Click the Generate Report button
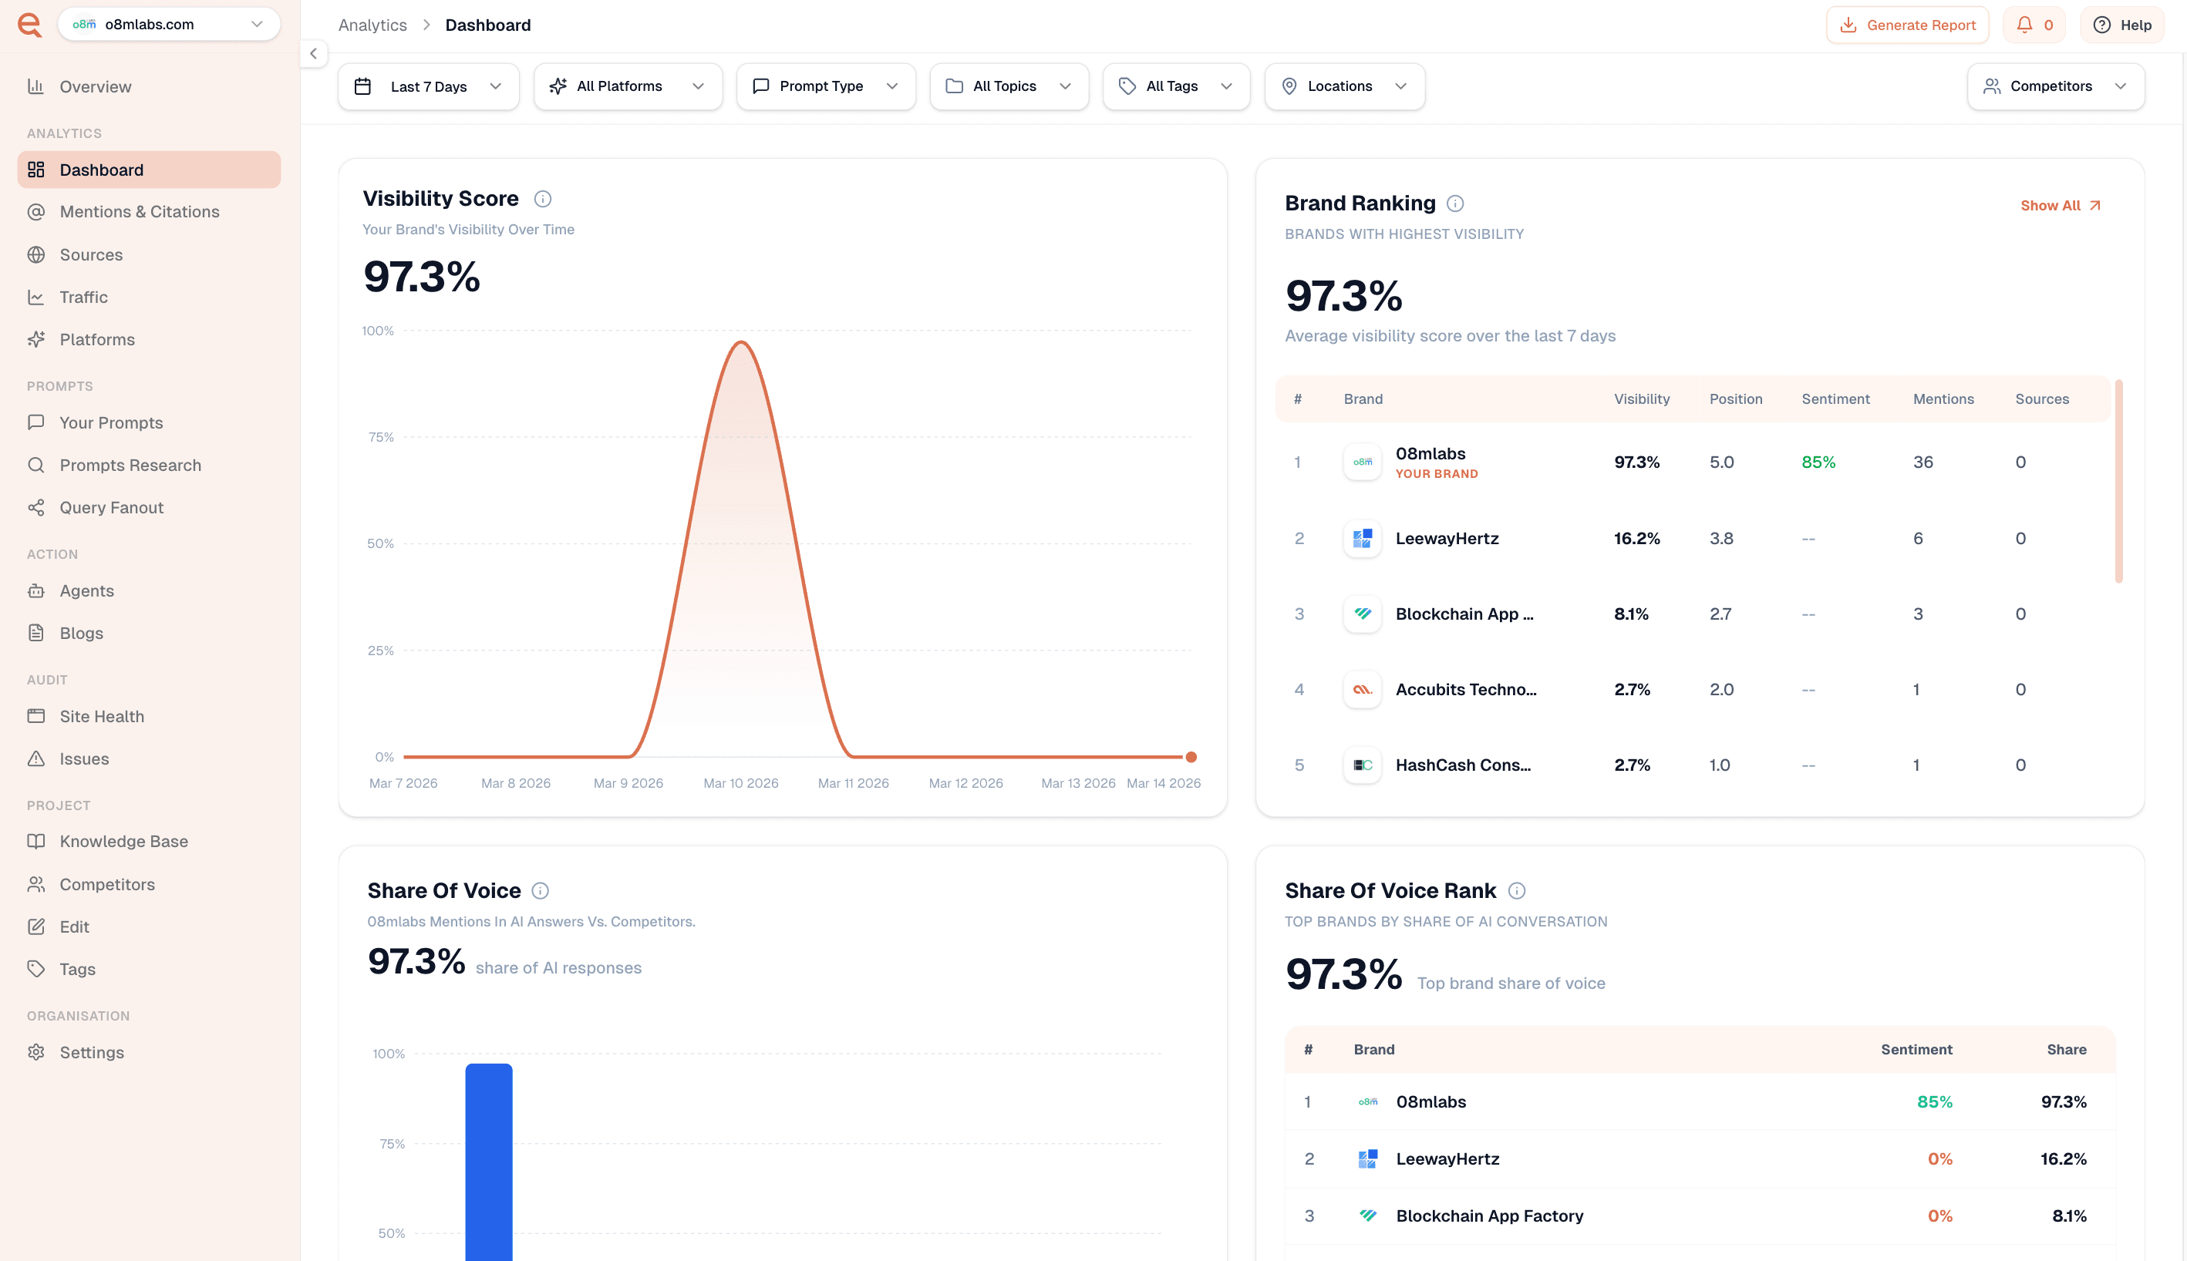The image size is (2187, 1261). click(x=1907, y=25)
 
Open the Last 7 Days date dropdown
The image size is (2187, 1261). click(x=428, y=86)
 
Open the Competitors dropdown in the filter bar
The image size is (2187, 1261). click(x=2055, y=86)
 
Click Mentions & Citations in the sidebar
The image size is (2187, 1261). click(x=139, y=212)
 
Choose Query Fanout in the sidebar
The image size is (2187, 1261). click(x=111, y=507)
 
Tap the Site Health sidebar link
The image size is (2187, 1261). click(x=101, y=716)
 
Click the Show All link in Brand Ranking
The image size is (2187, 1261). click(x=2060, y=205)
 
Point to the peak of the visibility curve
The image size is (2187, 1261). click(x=742, y=343)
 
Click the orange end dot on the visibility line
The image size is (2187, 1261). click(x=1191, y=757)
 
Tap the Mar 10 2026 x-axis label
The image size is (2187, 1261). click(x=741, y=783)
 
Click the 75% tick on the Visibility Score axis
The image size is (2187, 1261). click(x=381, y=437)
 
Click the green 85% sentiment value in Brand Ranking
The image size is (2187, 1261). click(x=1818, y=462)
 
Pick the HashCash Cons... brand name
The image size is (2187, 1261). click(x=1463, y=765)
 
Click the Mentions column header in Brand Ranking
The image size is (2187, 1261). click(x=1943, y=399)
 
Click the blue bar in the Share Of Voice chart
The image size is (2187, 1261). click(x=489, y=1161)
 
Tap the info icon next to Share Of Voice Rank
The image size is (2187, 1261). click(x=1516, y=891)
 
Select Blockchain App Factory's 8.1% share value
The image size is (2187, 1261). click(x=2068, y=1216)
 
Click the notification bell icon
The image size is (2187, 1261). click(x=2024, y=25)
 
